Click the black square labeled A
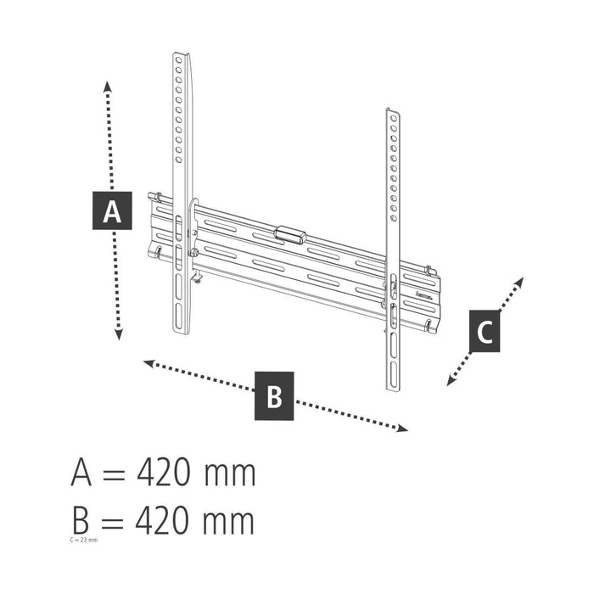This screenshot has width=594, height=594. point(112,211)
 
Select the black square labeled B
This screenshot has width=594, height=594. point(274,395)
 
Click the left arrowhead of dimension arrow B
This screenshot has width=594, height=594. point(147,363)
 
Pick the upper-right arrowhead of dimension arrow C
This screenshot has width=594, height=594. point(520,281)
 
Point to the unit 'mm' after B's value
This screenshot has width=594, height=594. point(229,519)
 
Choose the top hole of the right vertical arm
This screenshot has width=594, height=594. point(392,119)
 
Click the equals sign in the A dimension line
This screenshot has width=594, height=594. point(112,474)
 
